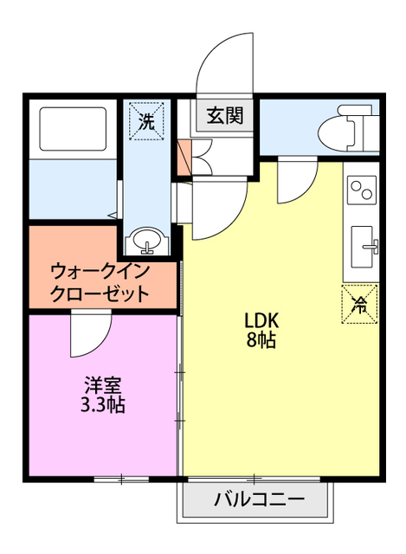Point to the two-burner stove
click(x=360, y=190)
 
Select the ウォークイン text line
click(x=101, y=269)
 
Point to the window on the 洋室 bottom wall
click(x=121, y=479)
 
